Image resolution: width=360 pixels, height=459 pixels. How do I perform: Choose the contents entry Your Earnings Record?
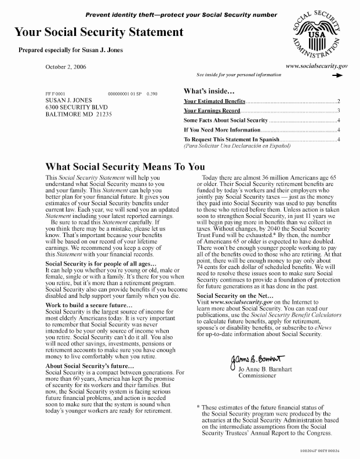pyautogui.click(x=212, y=110)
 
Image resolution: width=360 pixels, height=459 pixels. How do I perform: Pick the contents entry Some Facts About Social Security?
pyautogui.click(x=226, y=120)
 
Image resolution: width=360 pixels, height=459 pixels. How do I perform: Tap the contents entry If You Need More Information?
pyautogui.click(x=221, y=130)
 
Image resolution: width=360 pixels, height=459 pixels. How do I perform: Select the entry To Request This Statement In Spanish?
pyautogui.click(x=231, y=140)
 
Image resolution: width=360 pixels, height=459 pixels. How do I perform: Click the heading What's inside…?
pyautogui.click(x=209, y=91)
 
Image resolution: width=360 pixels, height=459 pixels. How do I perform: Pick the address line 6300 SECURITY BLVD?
pyautogui.click(x=78, y=107)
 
